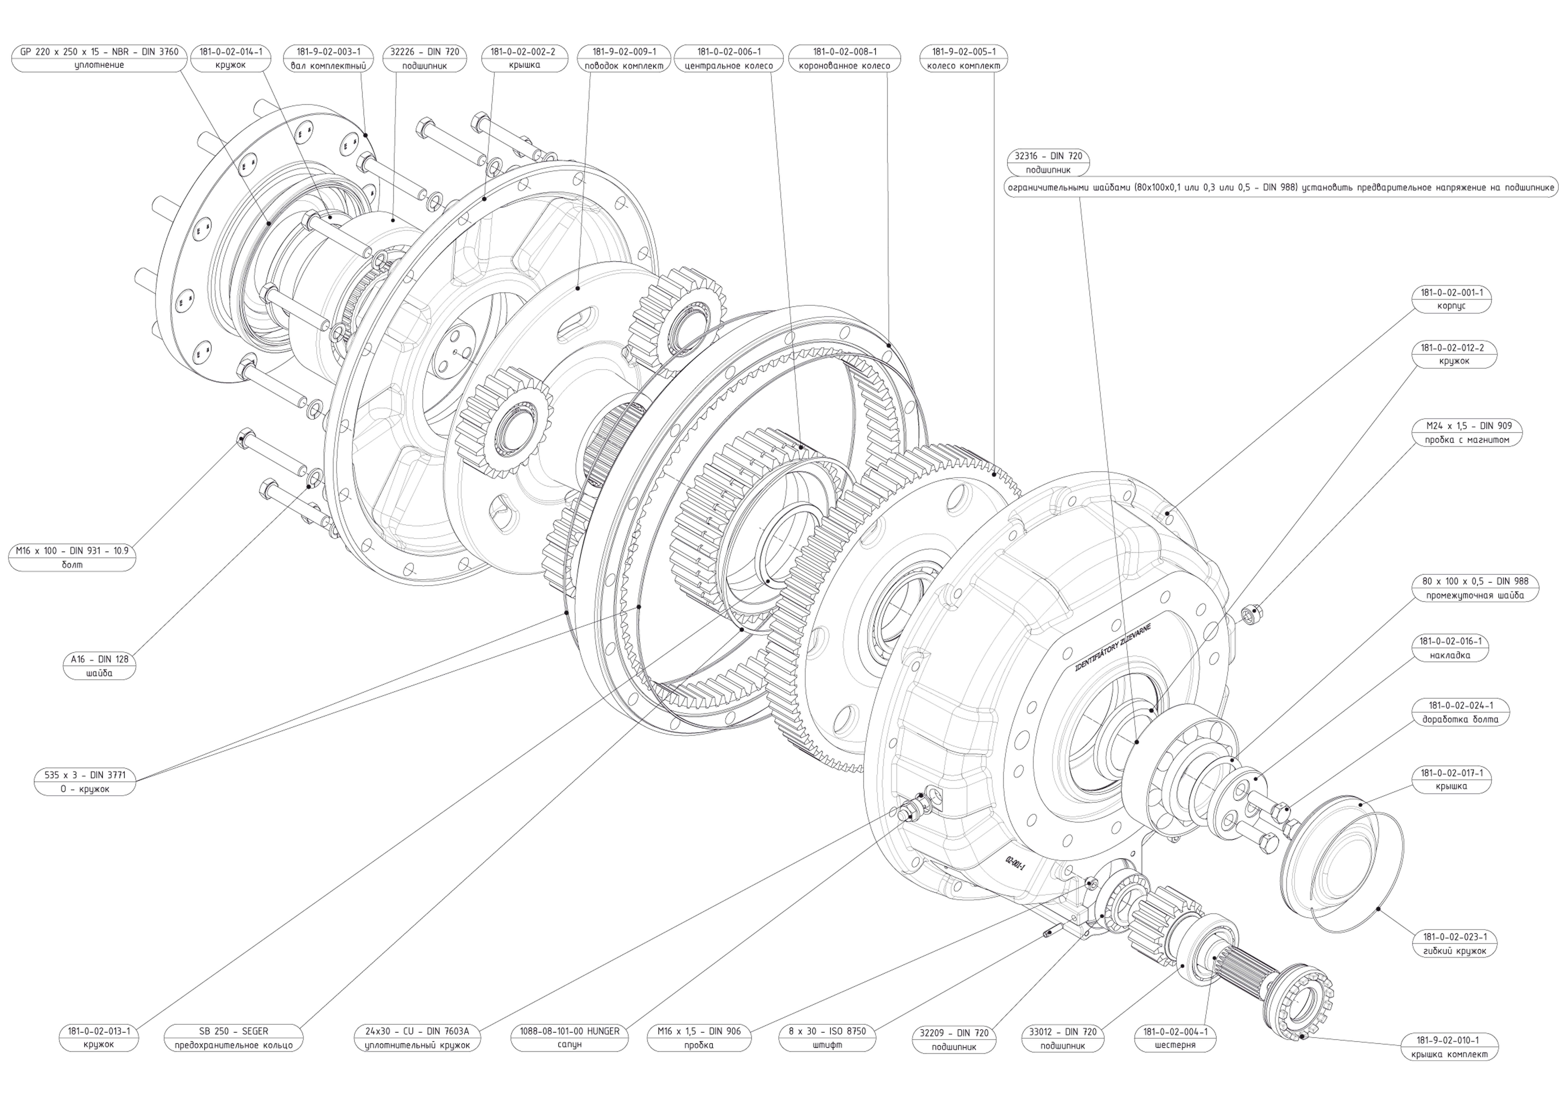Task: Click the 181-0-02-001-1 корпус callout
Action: coord(1451,299)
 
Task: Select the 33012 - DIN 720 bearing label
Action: coord(1063,1032)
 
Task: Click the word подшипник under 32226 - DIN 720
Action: coord(424,66)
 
